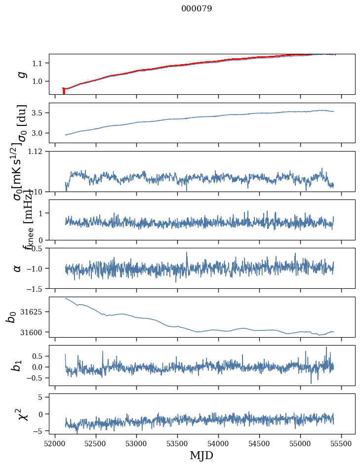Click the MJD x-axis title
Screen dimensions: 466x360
click(201, 455)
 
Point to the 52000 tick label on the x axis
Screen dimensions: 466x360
click(55, 443)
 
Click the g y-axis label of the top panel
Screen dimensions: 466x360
click(21, 74)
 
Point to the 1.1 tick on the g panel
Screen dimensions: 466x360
click(40, 63)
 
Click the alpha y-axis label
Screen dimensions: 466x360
click(18, 268)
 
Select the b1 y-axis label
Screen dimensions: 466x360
click(18, 365)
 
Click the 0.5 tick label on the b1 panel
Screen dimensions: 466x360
click(40, 356)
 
